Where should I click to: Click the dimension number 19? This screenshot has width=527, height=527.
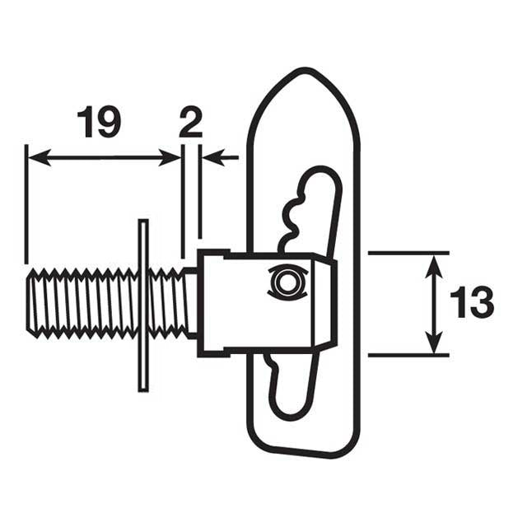point(98,123)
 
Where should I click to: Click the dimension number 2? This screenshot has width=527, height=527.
point(190,123)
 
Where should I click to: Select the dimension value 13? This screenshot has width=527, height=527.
point(472,304)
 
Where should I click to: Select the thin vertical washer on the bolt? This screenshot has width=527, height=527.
point(143,305)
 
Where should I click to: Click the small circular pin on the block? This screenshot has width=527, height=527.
point(286,282)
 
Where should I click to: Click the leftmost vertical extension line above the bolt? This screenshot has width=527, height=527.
point(27,206)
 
